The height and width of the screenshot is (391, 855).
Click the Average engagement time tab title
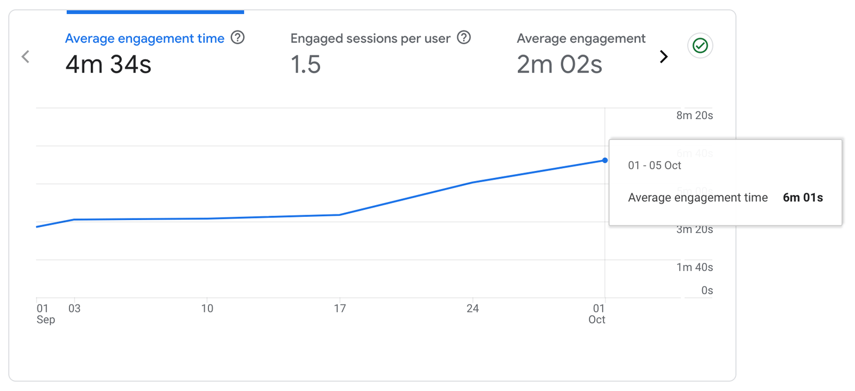[x=144, y=38]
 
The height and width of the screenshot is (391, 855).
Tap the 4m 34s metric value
[x=108, y=65]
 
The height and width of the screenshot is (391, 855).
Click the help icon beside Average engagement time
[x=238, y=38]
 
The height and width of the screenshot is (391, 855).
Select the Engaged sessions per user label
[x=370, y=38]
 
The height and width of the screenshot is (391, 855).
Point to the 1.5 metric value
[x=306, y=65]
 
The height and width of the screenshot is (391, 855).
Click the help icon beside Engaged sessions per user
[x=464, y=38]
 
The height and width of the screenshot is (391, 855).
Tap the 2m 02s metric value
[x=559, y=65]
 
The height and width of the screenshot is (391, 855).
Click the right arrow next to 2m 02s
[x=664, y=57]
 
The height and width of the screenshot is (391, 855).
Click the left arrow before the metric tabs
[x=25, y=57]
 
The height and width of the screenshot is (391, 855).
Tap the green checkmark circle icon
[x=700, y=46]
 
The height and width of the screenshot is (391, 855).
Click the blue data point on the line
[x=605, y=160]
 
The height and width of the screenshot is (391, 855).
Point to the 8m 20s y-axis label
[x=694, y=115]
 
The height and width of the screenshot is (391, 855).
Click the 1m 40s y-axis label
[x=694, y=267]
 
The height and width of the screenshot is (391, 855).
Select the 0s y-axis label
[x=707, y=291]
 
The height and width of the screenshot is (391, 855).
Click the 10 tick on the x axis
[x=207, y=308]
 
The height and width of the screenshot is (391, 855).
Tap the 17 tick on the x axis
[x=340, y=308]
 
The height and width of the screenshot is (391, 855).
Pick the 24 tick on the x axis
[x=472, y=308]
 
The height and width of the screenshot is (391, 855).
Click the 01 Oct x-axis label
[x=597, y=314]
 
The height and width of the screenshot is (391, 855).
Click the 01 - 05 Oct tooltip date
[x=655, y=166]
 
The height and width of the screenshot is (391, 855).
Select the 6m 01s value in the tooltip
[x=803, y=198]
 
